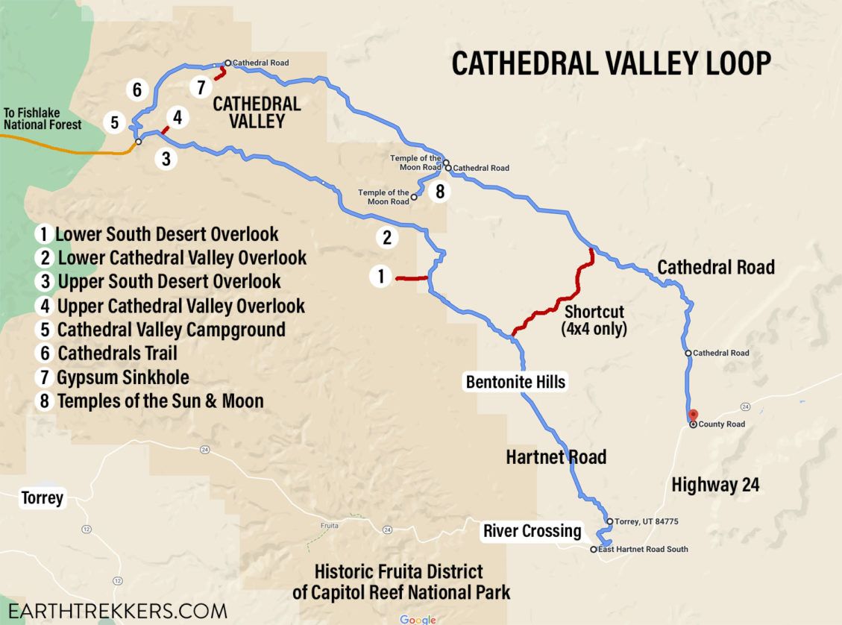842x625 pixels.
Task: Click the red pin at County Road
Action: [692, 415]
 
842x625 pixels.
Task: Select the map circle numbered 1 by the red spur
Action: [380, 277]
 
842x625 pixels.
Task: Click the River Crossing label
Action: [532, 531]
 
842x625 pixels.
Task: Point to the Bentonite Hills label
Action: [515, 383]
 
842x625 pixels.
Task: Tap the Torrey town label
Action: [43, 497]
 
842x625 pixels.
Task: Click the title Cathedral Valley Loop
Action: [611, 64]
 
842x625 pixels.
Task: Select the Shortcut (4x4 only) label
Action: [594, 319]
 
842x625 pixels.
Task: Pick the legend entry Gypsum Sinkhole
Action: [113, 377]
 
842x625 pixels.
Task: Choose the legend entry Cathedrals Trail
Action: [107, 353]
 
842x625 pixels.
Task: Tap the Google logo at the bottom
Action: [418, 619]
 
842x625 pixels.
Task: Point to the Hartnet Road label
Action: [556, 456]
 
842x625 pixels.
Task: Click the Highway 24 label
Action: [715, 485]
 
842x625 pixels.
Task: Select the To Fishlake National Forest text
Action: [43, 119]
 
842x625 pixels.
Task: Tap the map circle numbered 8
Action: [440, 192]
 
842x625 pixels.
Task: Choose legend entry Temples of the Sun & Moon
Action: [150, 401]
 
